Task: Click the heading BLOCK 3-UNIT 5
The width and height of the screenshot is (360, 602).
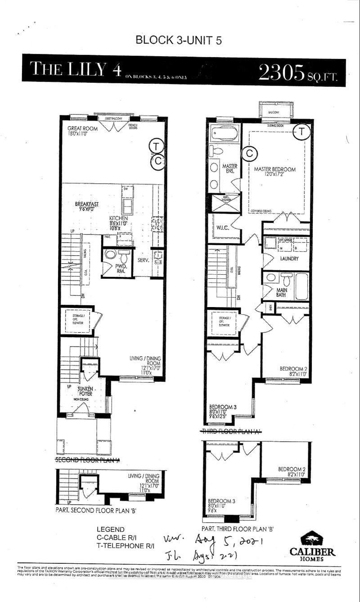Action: point(179,40)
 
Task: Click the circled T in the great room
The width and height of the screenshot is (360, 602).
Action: point(156,146)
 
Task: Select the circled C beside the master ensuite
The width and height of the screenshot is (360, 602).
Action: point(248,154)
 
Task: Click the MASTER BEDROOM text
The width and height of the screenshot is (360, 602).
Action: point(274,169)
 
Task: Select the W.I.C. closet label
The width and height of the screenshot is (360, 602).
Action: point(223,227)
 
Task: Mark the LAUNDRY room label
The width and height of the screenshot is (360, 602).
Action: point(289,259)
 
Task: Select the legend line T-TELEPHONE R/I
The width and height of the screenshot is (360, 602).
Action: point(125,546)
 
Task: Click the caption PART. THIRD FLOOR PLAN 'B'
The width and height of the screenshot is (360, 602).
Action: point(238,529)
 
